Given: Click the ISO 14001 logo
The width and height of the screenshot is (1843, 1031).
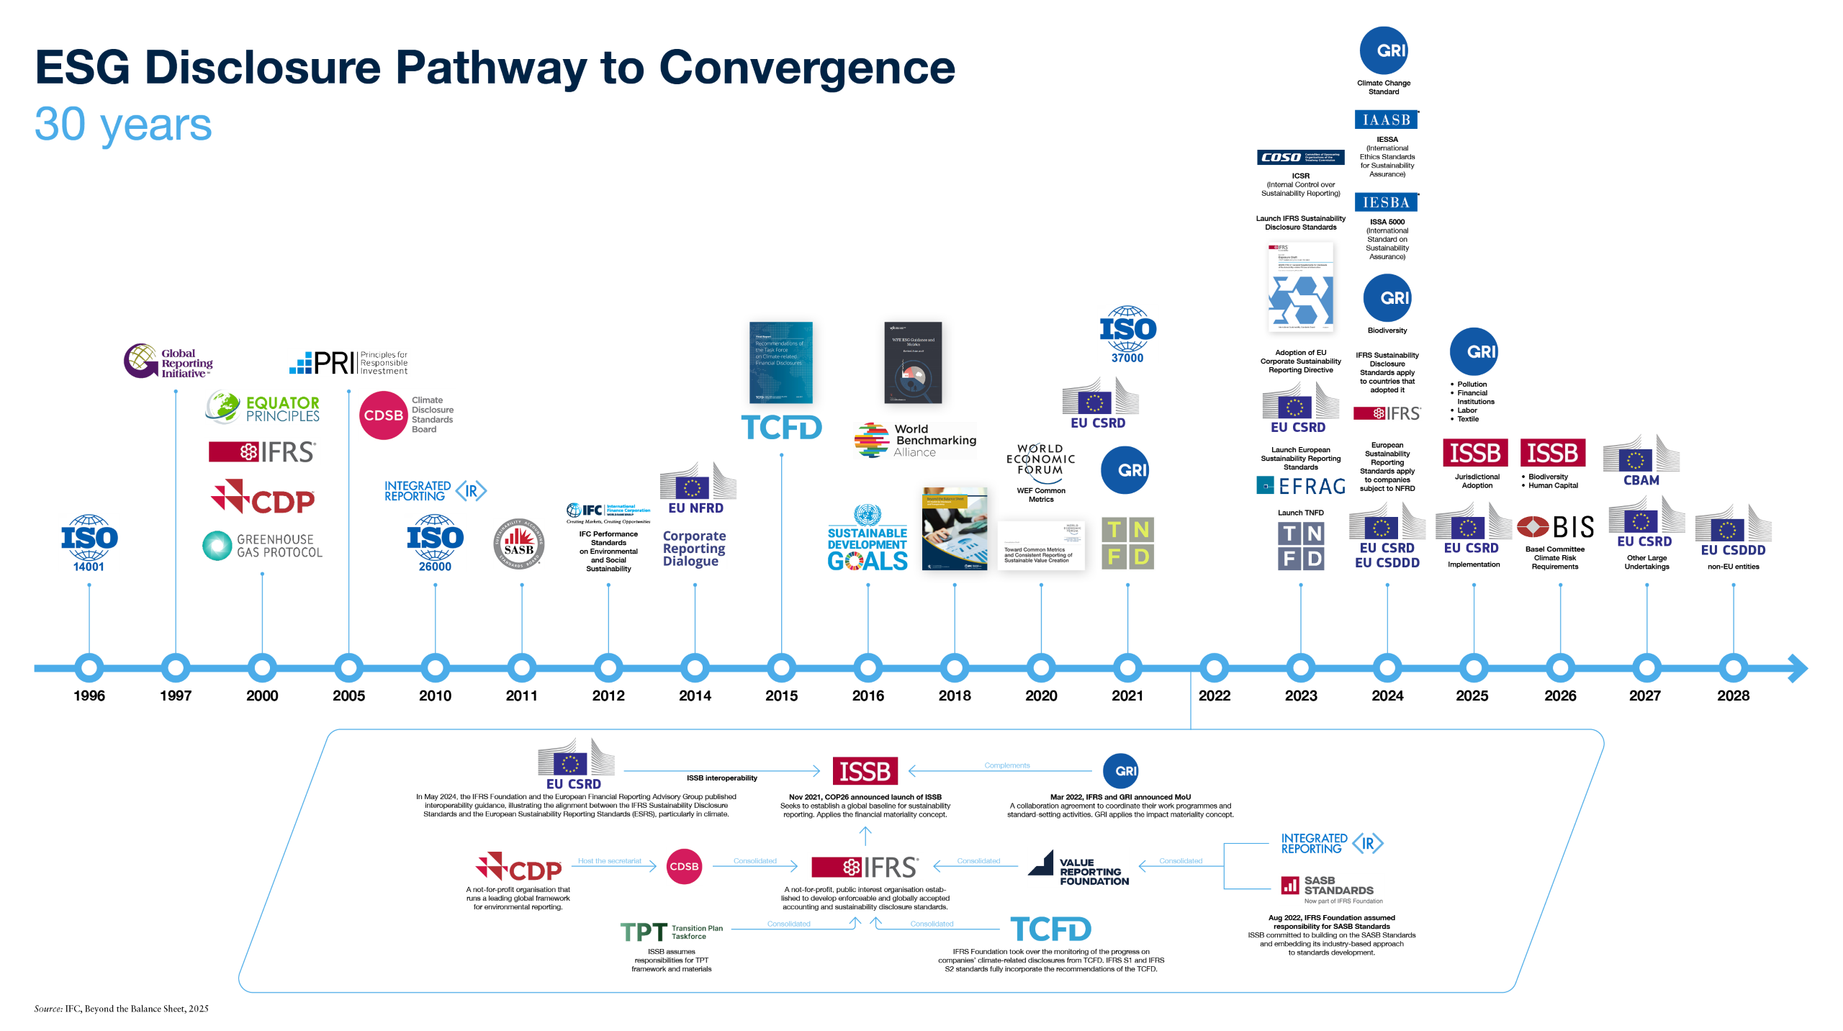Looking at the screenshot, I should click(x=89, y=543).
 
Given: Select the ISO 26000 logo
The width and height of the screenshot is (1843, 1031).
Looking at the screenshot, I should click(x=435, y=543).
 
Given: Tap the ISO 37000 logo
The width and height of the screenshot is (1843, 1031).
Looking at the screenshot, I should click(x=1127, y=334).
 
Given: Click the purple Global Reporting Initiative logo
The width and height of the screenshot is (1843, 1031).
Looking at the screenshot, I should click(x=168, y=361).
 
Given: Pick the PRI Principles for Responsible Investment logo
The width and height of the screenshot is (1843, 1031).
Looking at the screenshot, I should click(x=348, y=362).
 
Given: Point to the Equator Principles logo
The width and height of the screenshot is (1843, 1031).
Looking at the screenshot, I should click(x=262, y=408).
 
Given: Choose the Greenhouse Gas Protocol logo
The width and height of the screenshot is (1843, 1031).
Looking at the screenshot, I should click(x=262, y=546).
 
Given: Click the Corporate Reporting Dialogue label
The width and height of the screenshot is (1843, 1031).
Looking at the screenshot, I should click(x=694, y=549).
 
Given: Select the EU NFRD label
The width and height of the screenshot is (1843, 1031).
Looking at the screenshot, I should click(x=695, y=508).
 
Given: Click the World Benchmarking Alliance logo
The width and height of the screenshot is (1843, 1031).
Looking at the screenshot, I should click(x=915, y=440).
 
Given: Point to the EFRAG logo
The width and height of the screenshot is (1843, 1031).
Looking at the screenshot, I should click(x=1301, y=486).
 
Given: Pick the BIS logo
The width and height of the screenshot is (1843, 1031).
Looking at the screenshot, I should click(x=1555, y=527).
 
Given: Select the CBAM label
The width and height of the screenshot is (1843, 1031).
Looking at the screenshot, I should click(x=1641, y=480).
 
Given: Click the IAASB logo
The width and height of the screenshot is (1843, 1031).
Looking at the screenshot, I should click(x=1386, y=120).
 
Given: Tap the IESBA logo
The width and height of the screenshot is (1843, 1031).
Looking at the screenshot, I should click(x=1386, y=202).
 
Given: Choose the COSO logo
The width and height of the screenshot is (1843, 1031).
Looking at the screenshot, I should click(x=1300, y=157).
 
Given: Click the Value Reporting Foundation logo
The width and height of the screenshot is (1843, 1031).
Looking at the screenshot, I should click(x=1078, y=867).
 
